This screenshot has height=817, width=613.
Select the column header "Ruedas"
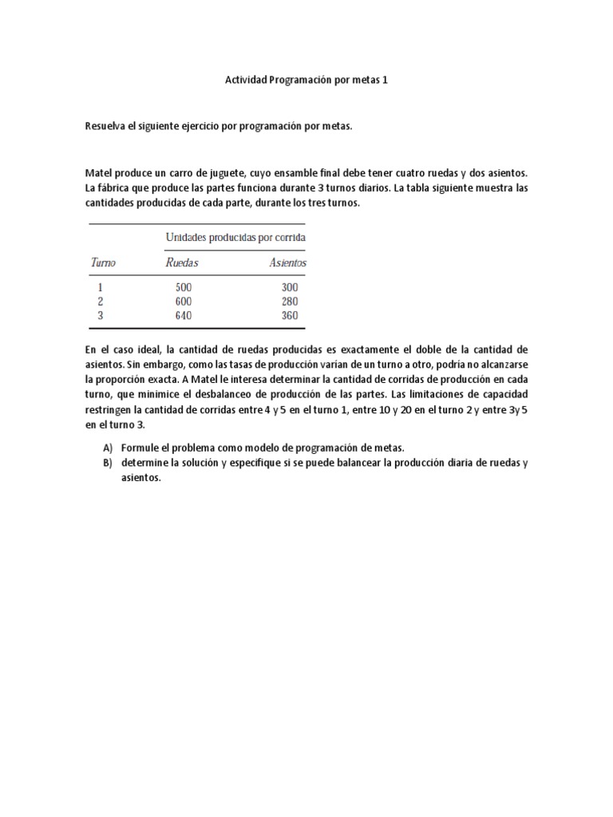(x=181, y=262)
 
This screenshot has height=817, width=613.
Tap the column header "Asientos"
(x=288, y=262)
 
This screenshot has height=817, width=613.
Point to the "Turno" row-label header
(x=103, y=262)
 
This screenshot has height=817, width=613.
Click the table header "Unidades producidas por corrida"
(x=235, y=237)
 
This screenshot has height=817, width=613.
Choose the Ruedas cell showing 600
(x=183, y=302)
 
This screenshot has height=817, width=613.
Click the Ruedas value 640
(x=183, y=315)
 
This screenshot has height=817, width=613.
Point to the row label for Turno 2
(x=100, y=302)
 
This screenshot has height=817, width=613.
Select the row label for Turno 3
(x=100, y=315)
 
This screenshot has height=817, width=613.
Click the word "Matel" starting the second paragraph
(x=97, y=173)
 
